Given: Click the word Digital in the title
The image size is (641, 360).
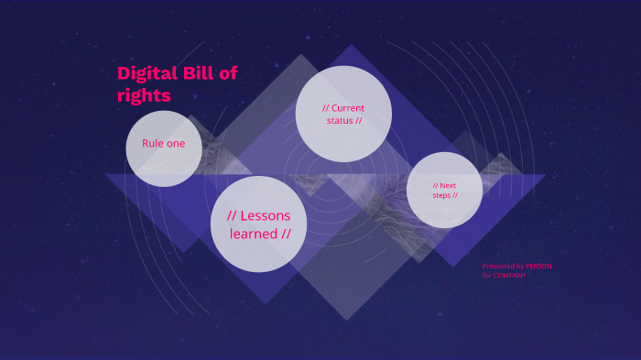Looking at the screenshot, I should [x=147, y=74].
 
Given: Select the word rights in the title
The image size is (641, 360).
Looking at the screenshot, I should [x=144, y=95].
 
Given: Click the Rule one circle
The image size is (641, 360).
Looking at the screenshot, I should [x=163, y=148].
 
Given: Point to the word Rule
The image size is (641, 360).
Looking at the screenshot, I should [x=153, y=144].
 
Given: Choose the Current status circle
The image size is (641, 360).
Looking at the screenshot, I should [x=343, y=114].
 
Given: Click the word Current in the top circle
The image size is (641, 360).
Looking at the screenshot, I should [x=347, y=108].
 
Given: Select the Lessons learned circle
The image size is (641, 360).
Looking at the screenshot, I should [x=259, y=224].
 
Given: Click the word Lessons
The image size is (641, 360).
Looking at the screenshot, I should [x=265, y=216].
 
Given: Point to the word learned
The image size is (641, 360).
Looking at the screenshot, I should [x=255, y=235].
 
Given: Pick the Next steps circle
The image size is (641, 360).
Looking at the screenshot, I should [x=444, y=190].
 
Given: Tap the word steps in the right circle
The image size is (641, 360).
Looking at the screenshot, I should [x=442, y=195].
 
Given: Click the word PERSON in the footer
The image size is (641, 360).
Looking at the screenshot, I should [x=538, y=267].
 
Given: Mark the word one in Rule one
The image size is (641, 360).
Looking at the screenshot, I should [x=175, y=144].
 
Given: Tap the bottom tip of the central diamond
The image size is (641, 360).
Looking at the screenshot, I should [x=345, y=320].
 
